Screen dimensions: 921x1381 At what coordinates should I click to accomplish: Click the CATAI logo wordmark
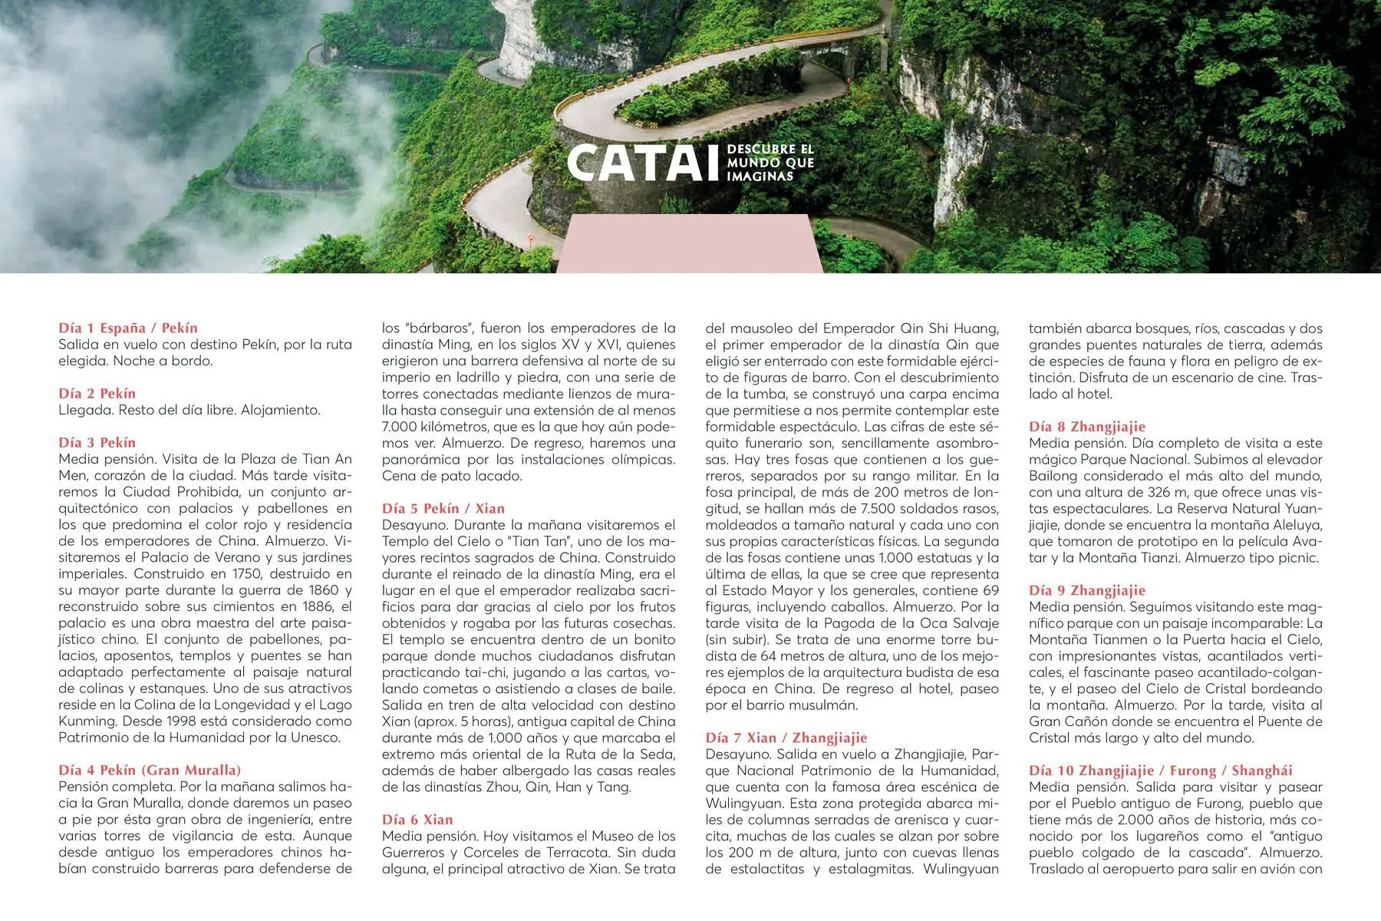pos(637,163)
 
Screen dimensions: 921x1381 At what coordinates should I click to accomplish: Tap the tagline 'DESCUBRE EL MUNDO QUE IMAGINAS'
pos(770,163)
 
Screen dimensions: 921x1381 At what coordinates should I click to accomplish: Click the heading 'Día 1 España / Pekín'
pos(128,328)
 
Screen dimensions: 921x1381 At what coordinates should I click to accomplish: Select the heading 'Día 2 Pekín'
pos(97,394)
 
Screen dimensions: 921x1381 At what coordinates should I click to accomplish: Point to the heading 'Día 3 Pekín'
pos(97,443)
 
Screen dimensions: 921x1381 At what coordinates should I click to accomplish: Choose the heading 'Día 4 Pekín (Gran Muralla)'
pos(150,770)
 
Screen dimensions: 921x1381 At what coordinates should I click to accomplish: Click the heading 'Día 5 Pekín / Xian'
pos(443,508)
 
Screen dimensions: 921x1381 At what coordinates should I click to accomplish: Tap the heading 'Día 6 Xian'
pos(417,819)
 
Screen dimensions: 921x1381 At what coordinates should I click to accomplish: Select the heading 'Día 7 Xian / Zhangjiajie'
pos(786,738)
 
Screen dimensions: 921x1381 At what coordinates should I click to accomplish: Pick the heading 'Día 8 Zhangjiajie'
pos(1087,427)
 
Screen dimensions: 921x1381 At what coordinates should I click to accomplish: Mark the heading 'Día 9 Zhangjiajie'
pos(1087,590)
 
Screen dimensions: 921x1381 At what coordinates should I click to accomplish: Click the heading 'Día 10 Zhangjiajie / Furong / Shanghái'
pos(1161,770)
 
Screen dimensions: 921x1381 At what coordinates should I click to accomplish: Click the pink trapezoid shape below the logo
pos(689,244)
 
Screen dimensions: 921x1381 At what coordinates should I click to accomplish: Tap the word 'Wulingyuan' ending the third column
pos(961,869)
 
